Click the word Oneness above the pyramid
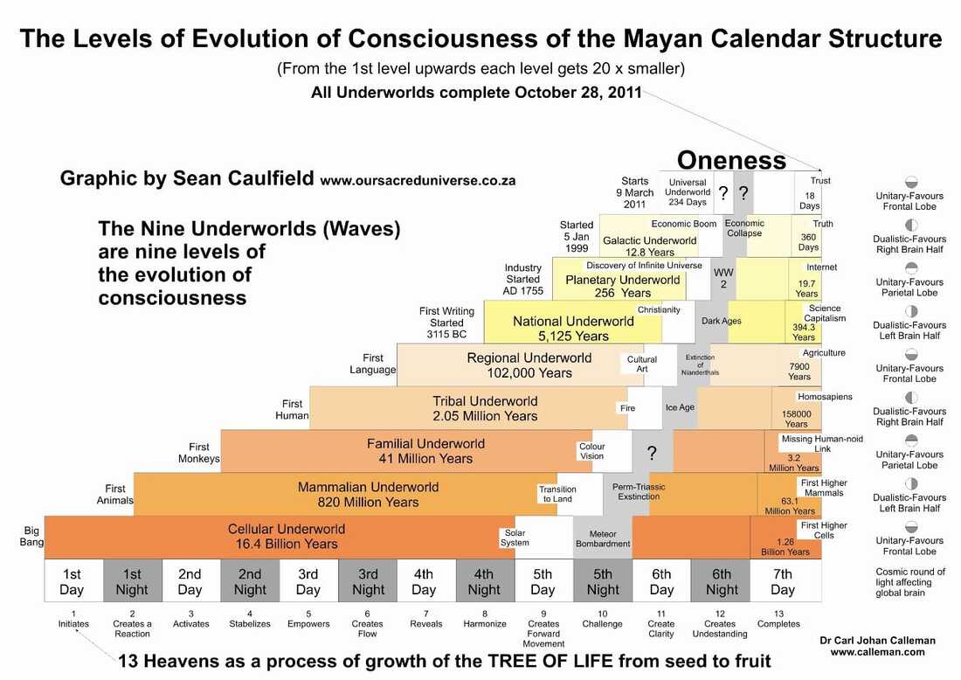coord(731,160)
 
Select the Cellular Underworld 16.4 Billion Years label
coord(287,537)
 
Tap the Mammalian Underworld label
coord(368,494)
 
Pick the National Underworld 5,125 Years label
coord(573,329)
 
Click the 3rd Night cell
coord(368,582)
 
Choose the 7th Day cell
coord(783,582)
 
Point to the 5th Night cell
coord(603,582)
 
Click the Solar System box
coord(515,538)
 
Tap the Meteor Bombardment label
coord(603,538)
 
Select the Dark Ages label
coord(721,321)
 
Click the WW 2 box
coord(722,278)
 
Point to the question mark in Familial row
coord(651,453)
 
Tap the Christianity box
coord(659,310)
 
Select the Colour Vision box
coord(591,451)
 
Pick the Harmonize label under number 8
coord(485,624)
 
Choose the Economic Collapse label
coord(744,228)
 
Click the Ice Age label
coord(679,407)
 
